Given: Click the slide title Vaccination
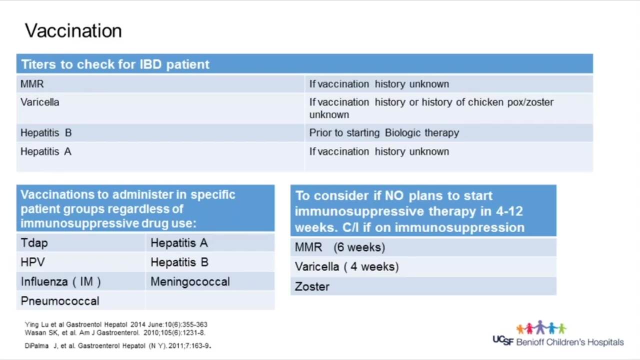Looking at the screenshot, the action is (73, 30).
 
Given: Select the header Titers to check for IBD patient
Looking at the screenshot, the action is (115, 64).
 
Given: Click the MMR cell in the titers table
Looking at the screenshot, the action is (160, 84).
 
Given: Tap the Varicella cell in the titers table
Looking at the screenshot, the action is (160, 108).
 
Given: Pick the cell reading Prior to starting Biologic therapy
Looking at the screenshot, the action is (449, 133).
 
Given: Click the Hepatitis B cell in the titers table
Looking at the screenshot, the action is (160, 133).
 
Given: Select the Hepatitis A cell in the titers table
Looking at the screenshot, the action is (160, 156).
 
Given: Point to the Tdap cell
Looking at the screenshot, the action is (80, 243).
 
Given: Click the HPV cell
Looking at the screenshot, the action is (80, 262).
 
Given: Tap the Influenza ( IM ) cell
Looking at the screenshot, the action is (80, 281).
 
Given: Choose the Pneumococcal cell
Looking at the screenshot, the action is (80, 301).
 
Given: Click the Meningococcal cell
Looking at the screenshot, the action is (210, 281).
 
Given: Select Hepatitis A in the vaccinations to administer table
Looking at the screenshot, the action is (210, 243).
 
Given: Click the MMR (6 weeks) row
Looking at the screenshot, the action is (423, 247).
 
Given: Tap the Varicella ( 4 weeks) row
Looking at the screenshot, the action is (423, 266).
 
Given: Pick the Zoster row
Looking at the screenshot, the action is (423, 286).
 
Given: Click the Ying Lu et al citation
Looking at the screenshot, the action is (116, 324).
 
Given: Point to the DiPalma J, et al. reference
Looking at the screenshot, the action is (117, 345).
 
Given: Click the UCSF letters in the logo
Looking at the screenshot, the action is (503, 340).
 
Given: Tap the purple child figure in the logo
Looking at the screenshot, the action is (540, 327).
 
